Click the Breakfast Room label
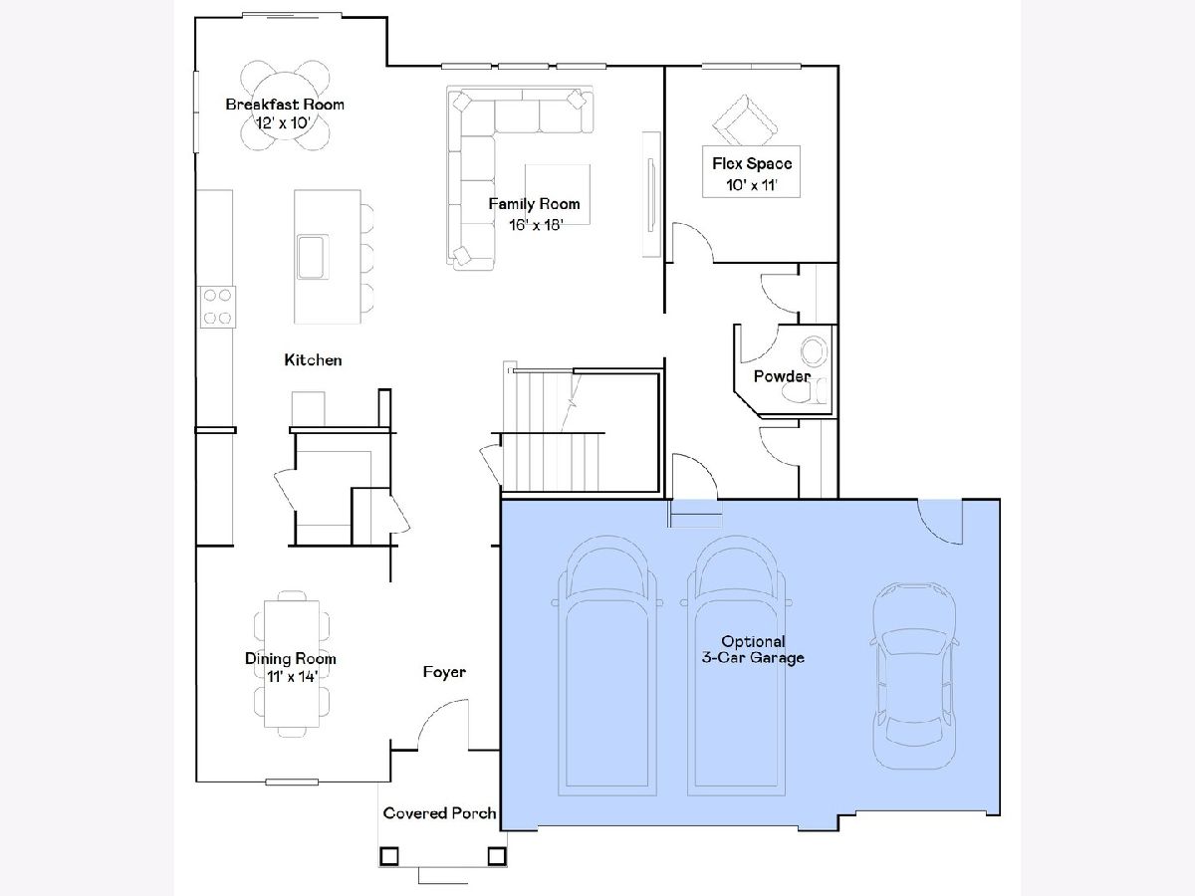point(285,105)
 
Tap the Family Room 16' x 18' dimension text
point(536,225)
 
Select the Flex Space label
point(752,163)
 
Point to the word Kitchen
point(313,359)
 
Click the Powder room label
point(782,376)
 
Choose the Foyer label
point(444,672)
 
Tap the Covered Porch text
point(439,812)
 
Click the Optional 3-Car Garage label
point(753,649)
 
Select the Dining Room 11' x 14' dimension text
point(291,677)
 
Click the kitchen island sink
point(313,257)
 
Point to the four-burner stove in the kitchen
point(217,307)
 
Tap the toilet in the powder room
point(804,391)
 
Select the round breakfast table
point(285,106)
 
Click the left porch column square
point(388,856)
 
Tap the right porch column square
point(497,856)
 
